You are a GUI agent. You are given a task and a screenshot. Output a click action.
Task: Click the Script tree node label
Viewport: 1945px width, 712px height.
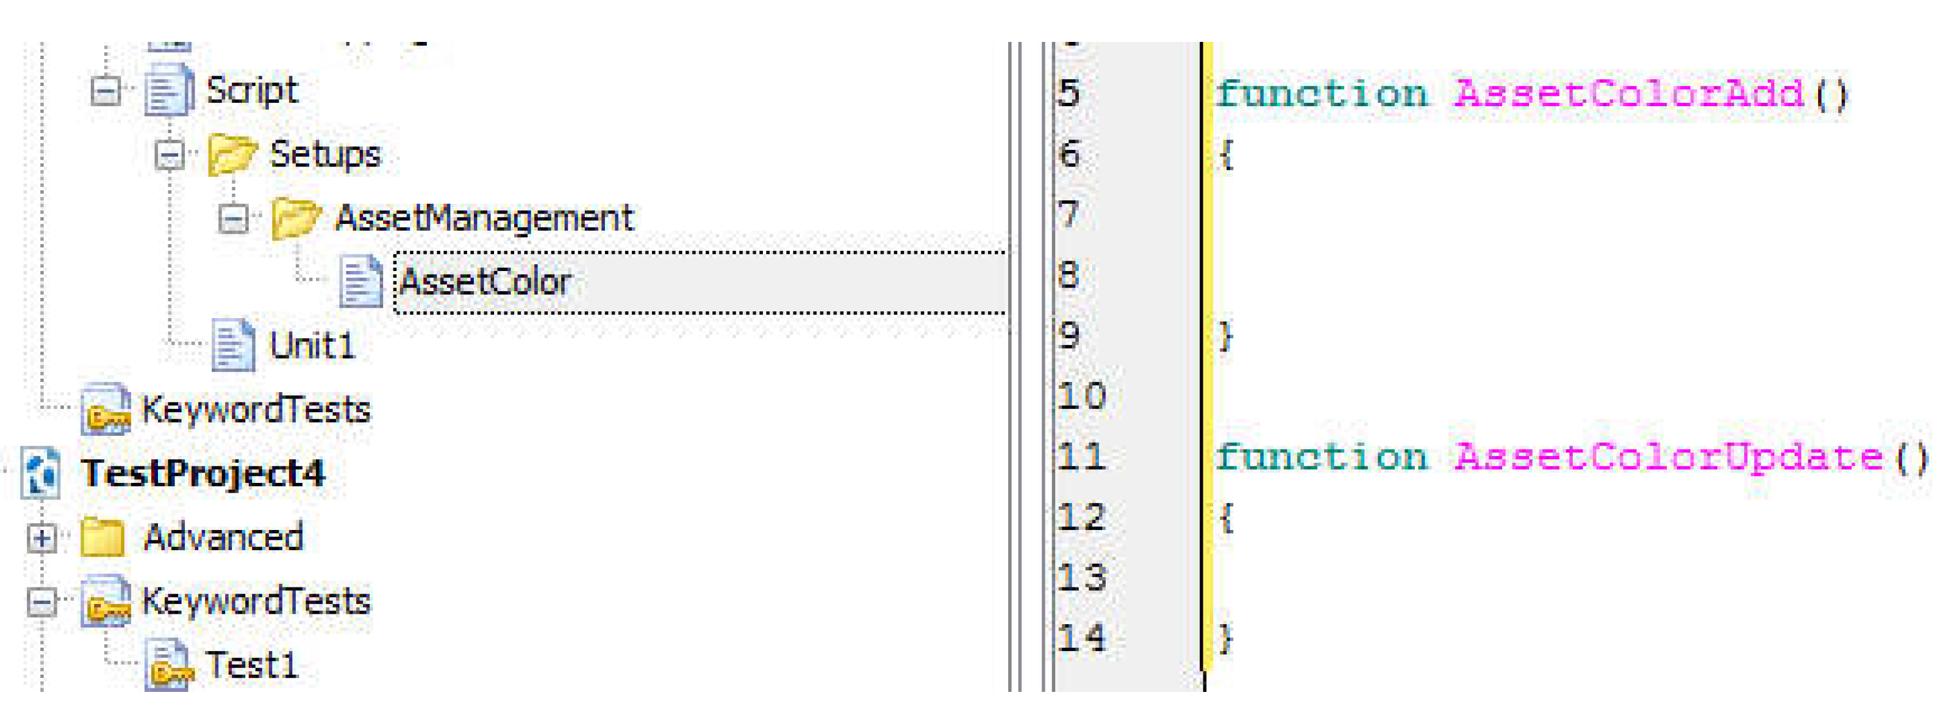(x=252, y=91)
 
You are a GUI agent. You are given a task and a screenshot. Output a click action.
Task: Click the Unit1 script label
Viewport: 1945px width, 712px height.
(x=312, y=346)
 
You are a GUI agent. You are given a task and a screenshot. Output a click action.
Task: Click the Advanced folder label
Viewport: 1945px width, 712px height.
(x=223, y=537)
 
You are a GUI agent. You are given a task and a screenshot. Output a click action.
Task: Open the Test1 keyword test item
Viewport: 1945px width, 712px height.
(x=252, y=665)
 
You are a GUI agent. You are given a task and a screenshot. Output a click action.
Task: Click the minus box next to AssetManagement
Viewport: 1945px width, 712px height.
(x=233, y=219)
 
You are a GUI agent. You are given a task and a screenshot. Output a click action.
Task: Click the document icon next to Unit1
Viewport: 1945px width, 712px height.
(x=233, y=346)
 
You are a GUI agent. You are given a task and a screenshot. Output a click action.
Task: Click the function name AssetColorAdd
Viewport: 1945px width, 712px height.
(x=1628, y=94)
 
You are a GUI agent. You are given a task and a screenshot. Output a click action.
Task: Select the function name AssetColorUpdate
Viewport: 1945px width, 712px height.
(x=1668, y=458)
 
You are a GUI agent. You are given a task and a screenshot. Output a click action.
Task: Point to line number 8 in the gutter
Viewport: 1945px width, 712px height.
(x=1068, y=275)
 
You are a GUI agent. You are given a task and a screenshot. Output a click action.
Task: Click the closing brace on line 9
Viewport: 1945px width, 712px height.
(x=1225, y=336)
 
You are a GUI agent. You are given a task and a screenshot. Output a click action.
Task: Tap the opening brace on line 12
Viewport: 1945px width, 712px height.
(x=1225, y=518)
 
